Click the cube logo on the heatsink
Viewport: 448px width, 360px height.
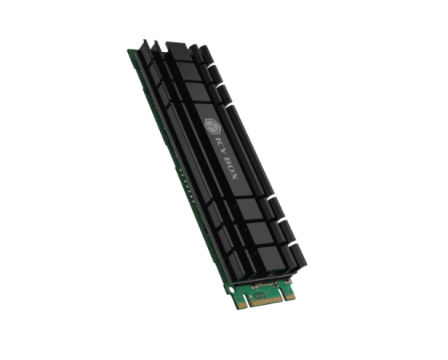coord(213,126)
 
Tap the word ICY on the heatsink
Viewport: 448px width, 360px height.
coord(220,145)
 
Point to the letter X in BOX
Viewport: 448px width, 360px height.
coord(234,176)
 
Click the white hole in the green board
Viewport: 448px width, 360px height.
coord(231,291)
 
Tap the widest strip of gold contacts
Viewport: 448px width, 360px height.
coord(266,301)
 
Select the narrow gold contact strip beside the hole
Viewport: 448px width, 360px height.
coord(242,306)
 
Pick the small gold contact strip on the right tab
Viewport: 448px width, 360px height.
coord(290,296)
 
